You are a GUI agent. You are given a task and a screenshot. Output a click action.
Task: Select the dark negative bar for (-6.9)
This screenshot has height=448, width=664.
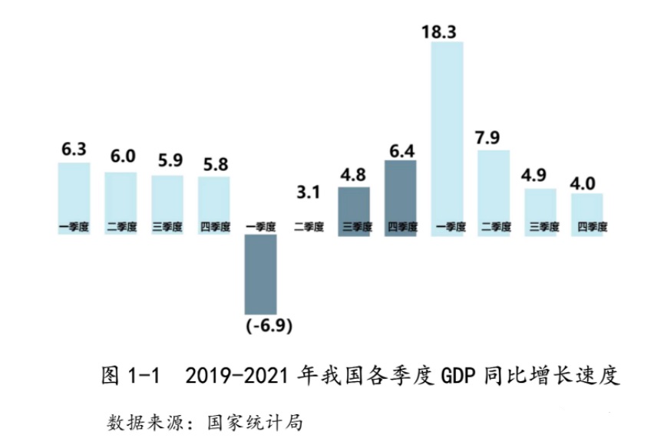point(260,272)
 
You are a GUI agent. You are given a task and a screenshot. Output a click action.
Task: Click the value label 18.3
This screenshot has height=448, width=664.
point(447,31)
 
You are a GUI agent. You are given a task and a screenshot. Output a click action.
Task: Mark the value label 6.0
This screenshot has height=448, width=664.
point(121,156)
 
